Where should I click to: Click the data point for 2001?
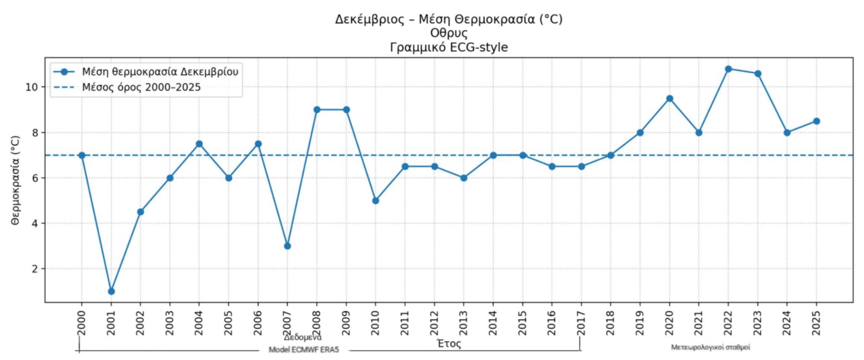tap(111, 291)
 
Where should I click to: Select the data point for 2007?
tap(287, 246)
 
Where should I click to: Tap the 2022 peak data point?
tap(728, 69)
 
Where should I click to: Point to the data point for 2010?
tap(375, 200)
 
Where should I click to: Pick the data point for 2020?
tap(670, 98)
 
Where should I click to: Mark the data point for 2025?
tap(816, 121)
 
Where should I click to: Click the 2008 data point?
tap(317, 110)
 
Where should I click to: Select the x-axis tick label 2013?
tap(464, 323)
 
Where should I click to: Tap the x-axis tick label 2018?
tap(610, 323)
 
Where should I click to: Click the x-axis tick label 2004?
tap(199, 323)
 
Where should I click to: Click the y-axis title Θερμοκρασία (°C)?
tap(16, 180)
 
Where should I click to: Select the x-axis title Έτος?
tap(449, 344)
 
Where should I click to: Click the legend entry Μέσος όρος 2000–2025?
tap(141, 87)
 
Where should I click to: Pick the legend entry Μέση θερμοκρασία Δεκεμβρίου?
tap(160, 72)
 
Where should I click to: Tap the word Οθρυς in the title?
tap(448, 33)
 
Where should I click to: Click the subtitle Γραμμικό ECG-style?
tap(448, 47)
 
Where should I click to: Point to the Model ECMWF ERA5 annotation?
tap(304, 350)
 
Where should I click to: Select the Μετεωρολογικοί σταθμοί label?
tap(710, 347)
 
